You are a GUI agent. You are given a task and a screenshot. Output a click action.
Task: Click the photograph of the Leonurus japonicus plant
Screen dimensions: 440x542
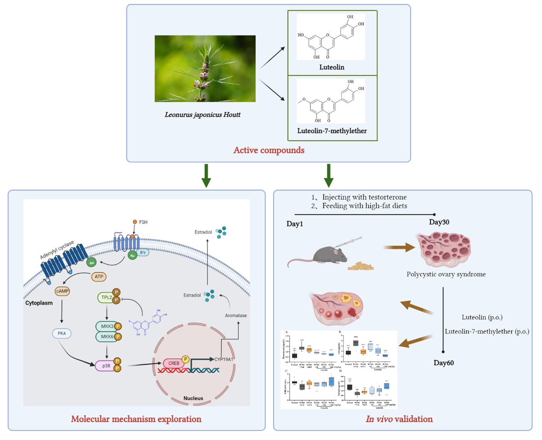[205, 68]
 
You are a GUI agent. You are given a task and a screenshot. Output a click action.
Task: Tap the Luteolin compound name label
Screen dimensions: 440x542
[332, 67]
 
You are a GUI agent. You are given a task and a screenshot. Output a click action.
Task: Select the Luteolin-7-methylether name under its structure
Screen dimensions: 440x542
[332, 131]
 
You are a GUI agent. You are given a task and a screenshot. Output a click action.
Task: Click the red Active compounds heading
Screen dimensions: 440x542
[269, 150]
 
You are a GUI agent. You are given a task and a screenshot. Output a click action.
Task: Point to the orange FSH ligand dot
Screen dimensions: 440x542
[135, 222]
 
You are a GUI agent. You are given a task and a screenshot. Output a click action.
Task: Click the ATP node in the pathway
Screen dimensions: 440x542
[99, 277]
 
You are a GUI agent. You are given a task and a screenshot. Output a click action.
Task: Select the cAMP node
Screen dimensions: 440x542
[62, 291]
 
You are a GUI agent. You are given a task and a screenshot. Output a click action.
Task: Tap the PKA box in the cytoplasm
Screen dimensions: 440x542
[62, 334]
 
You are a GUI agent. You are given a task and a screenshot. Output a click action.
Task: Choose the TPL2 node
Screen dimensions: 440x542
[106, 298]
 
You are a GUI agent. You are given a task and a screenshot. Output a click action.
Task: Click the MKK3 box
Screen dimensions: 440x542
[107, 326]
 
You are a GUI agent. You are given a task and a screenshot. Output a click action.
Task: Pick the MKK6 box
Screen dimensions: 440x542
[107, 337]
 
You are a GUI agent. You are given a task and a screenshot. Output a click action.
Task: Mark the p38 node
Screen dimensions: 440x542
[105, 366]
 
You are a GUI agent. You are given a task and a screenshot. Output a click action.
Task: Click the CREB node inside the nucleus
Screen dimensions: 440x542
[173, 363]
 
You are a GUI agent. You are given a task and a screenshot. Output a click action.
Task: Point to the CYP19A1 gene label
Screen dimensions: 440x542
[224, 359]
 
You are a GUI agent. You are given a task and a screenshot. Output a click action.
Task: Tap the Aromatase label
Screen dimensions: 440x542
[236, 316]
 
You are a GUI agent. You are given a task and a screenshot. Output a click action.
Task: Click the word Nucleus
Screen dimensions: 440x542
[193, 398]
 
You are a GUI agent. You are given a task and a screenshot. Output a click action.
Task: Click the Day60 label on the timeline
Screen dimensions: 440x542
[444, 363]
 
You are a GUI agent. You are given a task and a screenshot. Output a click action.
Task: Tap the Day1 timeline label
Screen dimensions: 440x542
[295, 224]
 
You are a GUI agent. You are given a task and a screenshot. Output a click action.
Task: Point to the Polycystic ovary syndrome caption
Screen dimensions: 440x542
[446, 274]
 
